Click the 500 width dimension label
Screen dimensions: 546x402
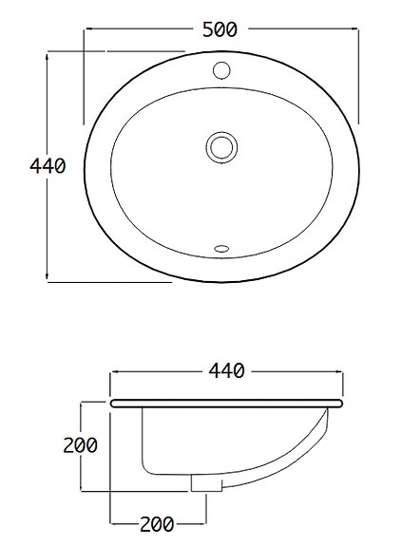point(220,29)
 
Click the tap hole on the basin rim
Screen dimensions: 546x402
point(221,69)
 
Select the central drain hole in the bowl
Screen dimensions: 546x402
point(220,146)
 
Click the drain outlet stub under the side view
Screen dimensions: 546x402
point(199,483)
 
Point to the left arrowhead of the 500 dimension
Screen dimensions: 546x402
point(88,29)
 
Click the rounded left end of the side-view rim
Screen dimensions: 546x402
point(114,404)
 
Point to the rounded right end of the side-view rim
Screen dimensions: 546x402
point(337,404)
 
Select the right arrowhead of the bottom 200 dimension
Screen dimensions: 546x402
point(204,522)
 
